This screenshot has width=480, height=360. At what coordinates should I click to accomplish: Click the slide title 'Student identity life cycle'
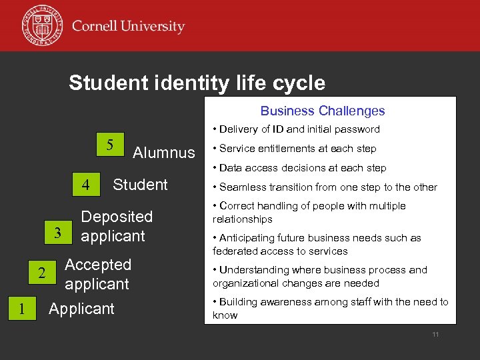click(197, 83)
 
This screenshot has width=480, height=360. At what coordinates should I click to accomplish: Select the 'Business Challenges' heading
click(323, 111)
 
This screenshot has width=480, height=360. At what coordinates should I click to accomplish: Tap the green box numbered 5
click(111, 144)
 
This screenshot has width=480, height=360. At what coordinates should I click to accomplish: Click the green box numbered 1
click(22, 309)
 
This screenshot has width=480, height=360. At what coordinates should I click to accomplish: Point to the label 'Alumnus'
click(164, 153)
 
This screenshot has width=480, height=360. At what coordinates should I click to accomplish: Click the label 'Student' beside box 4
click(140, 185)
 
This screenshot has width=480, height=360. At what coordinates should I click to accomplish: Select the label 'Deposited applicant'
click(116, 226)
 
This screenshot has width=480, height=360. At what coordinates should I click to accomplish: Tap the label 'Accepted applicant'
click(97, 274)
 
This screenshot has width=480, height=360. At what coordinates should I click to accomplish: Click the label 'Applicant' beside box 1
click(81, 309)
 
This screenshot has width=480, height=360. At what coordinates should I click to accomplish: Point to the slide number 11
click(435, 334)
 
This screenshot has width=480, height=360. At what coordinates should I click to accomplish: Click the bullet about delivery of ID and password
click(296, 129)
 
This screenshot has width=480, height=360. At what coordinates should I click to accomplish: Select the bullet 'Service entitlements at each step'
click(294, 149)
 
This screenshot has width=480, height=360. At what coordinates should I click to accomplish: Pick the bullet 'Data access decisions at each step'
click(299, 168)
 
